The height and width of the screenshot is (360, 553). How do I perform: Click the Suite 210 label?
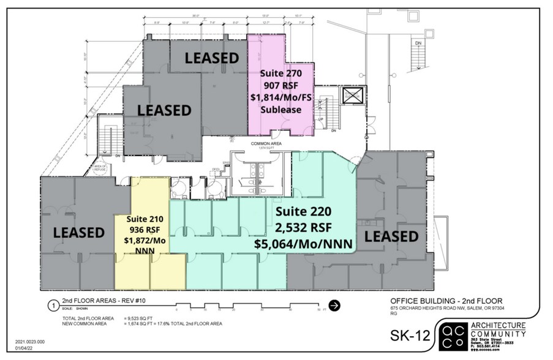pos(144,219)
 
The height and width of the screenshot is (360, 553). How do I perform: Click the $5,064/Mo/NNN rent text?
pos(303,244)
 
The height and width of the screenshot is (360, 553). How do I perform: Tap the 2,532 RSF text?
pos(303,228)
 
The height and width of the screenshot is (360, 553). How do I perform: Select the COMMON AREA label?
pos(265,143)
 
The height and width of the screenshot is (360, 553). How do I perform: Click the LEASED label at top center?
pos(212,58)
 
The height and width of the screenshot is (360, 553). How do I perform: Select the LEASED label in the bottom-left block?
pos(79,233)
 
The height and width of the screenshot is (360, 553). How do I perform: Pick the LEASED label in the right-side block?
pos(391,236)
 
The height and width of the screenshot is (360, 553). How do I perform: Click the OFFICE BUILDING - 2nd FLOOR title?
pos(446,301)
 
